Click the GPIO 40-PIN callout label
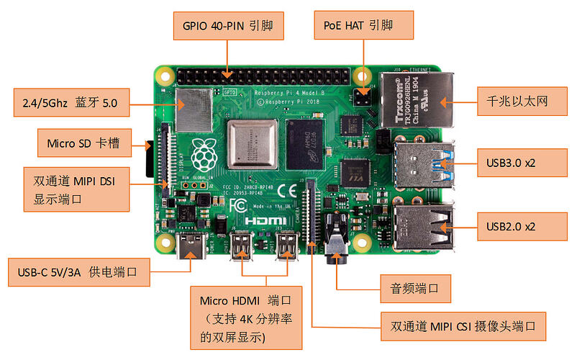pyautogui.click(x=228, y=27)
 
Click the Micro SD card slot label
pyautogui.click(x=83, y=144)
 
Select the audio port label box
pyautogui.click(x=416, y=289)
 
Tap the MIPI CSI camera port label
pyautogui.click(x=463, y=326)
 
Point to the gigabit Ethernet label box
pyautogui.click(x=511, y=102)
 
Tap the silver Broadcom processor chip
pyautogui.click(x=252, y=144)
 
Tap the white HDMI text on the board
pyautogui.click(x=268, y=221)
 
